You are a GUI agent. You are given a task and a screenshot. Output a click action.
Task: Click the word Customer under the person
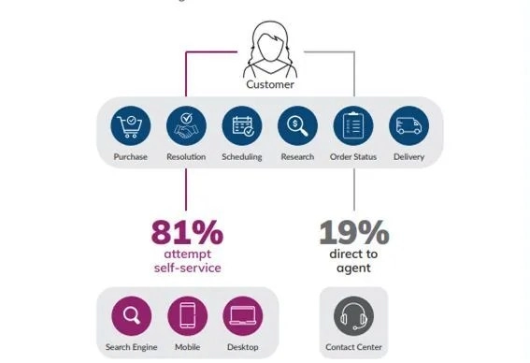point(270,84)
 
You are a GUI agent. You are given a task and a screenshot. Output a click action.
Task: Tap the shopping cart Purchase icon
point(130,126)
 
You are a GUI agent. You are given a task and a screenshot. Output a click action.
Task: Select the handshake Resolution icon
point(186,126)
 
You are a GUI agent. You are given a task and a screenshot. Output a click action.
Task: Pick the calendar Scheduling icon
point(242,126)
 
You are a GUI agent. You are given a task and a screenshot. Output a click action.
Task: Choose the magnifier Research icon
point(297,126)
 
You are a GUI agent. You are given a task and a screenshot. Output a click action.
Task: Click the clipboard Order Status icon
point(353,126)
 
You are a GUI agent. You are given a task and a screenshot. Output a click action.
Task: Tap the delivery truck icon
point(408,126)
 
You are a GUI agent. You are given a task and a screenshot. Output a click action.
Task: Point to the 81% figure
point(186,231)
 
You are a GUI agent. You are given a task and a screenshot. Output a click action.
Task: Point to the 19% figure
point(352,231)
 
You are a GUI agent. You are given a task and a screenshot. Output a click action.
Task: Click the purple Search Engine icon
point(131,316)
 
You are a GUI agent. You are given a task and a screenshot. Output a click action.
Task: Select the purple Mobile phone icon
point(187,316)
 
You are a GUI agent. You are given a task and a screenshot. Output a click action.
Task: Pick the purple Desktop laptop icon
point(242,316)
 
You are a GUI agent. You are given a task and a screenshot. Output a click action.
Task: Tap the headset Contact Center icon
point(353,316)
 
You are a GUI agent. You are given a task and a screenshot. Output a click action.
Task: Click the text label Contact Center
point(353,348)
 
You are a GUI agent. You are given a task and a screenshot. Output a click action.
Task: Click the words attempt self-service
point(186,261)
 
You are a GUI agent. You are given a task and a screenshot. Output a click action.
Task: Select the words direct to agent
point(352,261)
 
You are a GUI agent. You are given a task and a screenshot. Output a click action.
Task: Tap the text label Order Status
point(353,156)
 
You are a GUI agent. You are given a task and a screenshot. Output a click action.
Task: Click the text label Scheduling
point(242,156)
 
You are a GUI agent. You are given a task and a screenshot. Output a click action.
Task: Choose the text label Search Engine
point(131,348)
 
